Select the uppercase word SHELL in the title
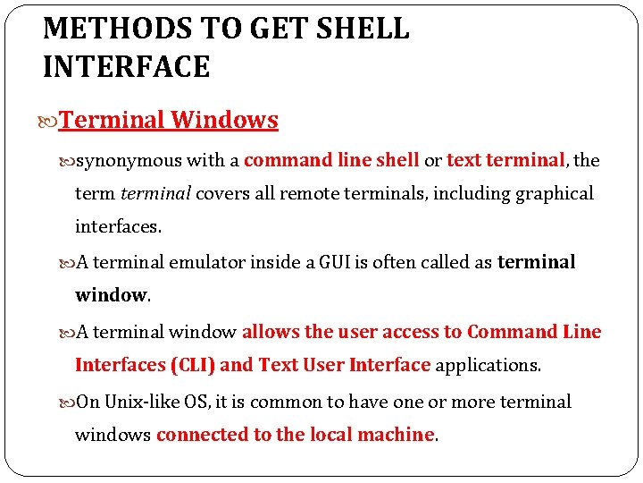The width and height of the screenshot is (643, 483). [363, 29]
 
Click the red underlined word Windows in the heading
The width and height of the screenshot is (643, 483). [224, 120]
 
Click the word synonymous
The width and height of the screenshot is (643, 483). [129, 161]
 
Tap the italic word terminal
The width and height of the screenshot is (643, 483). [155, 194]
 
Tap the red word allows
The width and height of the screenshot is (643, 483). [271, 332]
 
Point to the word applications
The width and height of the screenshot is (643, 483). [488, 365]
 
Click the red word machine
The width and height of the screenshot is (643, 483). [395, 435]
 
